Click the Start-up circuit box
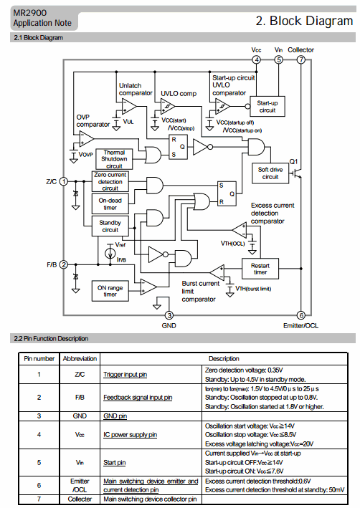[x=267, y=106]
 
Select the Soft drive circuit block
[x=270, y=173]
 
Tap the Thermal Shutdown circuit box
[x=114, y=159]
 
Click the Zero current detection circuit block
[x=110, y=181]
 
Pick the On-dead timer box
[x=110, y=203]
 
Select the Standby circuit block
[x=110, y=226]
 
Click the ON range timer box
[x=110, y=291]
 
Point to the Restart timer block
[x=260, y=269]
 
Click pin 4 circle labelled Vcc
[x=256, y=59]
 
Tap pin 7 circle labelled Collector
[x=301, y=59]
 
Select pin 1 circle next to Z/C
[x=64, y=181]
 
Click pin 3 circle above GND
[x=169, y=315]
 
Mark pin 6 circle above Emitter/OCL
[x=301, y=315]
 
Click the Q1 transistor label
[x=293, y=161]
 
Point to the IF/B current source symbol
[x=110, y=253]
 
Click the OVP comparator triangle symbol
[x=87, y=139]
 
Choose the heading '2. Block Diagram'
[x=304, y=21]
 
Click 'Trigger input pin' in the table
[x=125, y=375]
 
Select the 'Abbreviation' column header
[x=80, y=359]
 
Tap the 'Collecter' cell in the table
[x=80, y=499]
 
